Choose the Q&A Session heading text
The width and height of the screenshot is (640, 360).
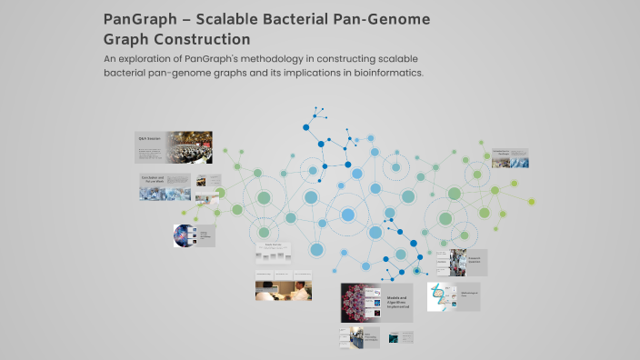[148, 138]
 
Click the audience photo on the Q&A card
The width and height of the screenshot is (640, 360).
[188, 146]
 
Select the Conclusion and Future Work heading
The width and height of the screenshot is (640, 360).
[152, 180]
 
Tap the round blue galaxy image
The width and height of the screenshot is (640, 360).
[183, 236]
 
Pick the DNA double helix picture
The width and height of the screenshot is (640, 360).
[440, 296]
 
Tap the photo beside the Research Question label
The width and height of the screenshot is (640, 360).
[458, 263]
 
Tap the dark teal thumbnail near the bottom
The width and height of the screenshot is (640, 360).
[393, 338]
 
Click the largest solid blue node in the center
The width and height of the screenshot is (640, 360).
[347, 215]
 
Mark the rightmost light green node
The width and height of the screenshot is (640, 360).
[532, 202]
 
